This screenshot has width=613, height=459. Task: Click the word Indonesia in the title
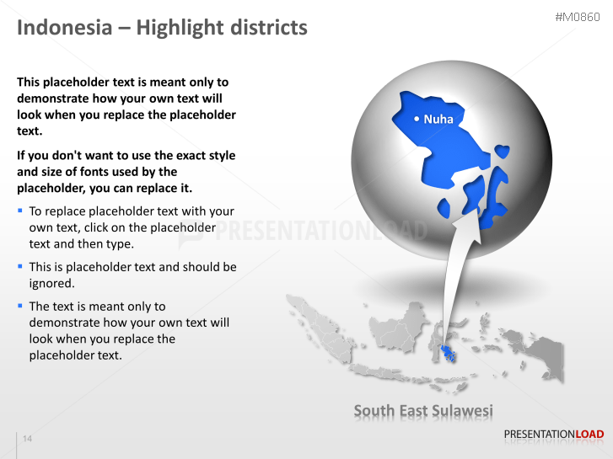64,28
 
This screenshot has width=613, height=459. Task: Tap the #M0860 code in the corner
578,18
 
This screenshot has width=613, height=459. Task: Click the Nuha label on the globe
438,120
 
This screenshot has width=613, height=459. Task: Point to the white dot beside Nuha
417,120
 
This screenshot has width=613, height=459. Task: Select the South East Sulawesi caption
423,411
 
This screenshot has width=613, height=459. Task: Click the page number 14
28,439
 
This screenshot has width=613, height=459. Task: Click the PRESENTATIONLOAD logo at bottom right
553,435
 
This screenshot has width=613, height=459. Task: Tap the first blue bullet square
20,211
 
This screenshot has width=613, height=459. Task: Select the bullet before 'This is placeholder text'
20,266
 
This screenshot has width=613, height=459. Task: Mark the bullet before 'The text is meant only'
20,306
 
